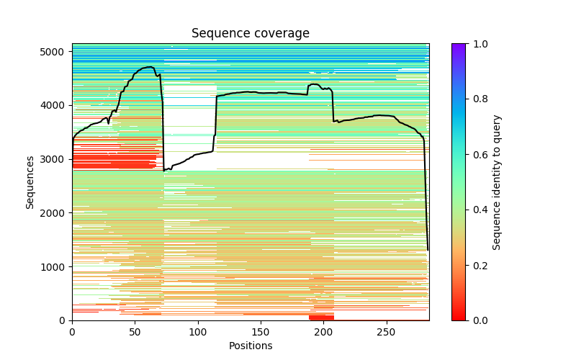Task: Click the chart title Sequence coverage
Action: pos(251,34)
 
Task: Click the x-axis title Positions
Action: pos(251,346)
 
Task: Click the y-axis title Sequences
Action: pos(30,181)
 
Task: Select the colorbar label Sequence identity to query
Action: pos(497,181)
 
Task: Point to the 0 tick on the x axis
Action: pos(72,320)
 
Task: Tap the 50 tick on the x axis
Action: pos(135,320)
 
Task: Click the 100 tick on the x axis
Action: pos(198,320)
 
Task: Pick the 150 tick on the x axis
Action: pos(261,320)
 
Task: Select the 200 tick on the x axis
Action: pos(323,320)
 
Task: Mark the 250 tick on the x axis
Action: pos(387,320)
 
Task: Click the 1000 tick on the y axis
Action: pos(72,266)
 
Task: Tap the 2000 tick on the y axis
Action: pos(72,212)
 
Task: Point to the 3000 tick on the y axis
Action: pos(72,158)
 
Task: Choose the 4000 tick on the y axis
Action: pos(72,105)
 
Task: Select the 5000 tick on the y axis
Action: pos(72,51)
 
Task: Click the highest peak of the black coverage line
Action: pos(150,67)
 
